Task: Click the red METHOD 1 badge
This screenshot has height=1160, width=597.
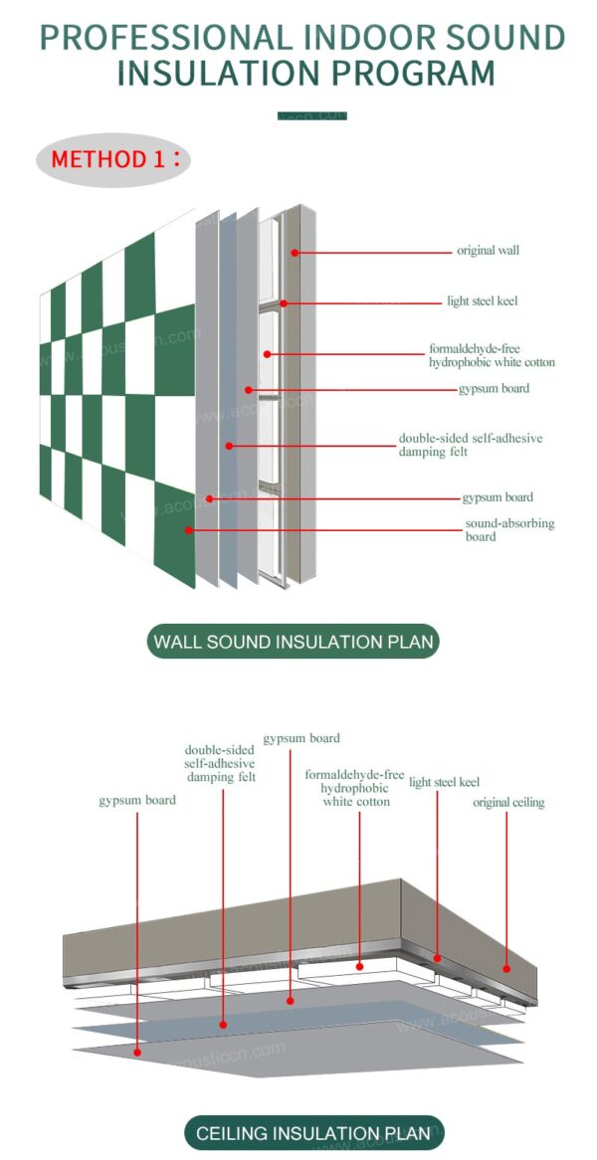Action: (x=112, y=159)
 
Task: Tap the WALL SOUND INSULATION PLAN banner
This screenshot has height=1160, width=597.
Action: (x=294, y=642)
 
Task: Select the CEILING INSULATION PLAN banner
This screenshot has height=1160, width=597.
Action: (x=313, y=1132)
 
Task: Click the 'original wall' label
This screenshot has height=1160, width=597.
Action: (x=488, y=251)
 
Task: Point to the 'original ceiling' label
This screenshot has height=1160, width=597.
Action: (x=508, y=802)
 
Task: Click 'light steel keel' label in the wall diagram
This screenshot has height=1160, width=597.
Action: (x=482, y=300)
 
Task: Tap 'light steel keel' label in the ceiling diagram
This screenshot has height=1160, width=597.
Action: (x=444, y=783)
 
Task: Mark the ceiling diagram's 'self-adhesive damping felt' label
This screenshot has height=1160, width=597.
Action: (x=220, y=763)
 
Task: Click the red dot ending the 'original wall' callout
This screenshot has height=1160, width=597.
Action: (x=296, y=253)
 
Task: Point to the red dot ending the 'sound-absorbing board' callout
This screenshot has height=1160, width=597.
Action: (x=188, y=530)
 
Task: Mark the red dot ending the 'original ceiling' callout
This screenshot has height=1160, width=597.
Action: (x=506, y=966)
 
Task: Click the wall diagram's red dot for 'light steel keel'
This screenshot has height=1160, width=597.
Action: (x=284, y=302)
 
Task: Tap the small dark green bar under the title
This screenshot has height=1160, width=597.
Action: (x=311, y=116)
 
